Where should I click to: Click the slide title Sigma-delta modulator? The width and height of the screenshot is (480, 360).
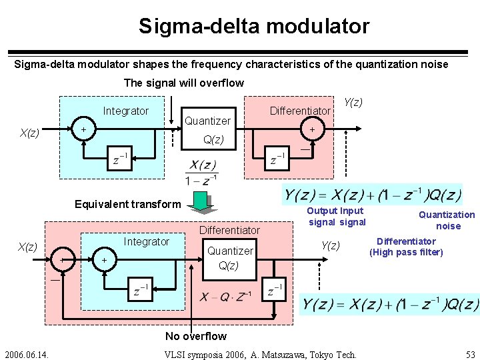tap(253, 26)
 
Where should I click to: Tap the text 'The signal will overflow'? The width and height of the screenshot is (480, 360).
tap(184, 83)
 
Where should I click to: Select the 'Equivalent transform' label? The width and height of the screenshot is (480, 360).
tap(127, 204)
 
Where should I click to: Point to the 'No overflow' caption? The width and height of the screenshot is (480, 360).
tap(195, 336)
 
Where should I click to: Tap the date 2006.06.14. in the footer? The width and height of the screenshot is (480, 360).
tap(30, 353)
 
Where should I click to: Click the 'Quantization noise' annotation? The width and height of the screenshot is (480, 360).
tap(447, 220)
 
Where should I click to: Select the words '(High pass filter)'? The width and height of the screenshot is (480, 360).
tap(406, 252)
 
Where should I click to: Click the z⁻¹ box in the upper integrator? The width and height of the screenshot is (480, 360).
tap(121, 160)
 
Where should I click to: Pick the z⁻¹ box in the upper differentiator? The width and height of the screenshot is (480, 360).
tap(277, 160)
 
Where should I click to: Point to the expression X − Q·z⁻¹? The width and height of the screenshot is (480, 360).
tap(225, 297)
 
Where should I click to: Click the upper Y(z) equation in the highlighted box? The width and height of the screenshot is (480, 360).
tap(372, 195)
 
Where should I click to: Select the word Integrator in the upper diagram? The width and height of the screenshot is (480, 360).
tap(126, 111)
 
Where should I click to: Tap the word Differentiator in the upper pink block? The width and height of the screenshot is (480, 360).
tap(299, 111)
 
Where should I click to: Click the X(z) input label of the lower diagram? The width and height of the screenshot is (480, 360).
tap(27, 247)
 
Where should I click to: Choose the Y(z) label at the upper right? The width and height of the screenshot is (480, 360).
tap(353, 102)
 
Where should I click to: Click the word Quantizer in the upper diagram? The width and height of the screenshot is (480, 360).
tap(207, 121)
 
